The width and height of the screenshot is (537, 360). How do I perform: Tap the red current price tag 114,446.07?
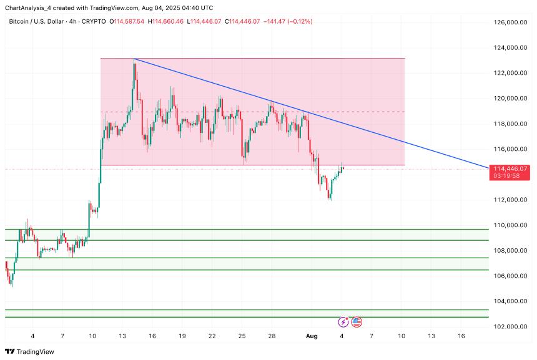pos(510,168)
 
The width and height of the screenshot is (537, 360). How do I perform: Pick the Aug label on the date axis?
pos(312,336)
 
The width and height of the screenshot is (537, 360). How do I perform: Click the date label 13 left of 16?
pos(431,336)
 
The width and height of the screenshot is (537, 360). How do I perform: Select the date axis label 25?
pos(242,336)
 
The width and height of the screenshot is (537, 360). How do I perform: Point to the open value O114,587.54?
pos(127,21)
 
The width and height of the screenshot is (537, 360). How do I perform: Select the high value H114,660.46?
pos(165,21)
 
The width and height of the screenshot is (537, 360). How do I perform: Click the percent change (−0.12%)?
pos(300,21)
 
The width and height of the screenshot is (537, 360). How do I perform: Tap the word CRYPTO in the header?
pos(95,21)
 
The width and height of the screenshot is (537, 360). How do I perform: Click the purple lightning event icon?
pos(343,322)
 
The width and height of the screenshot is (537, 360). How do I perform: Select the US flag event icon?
pos(357,322)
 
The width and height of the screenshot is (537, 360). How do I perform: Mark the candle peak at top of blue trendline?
pos(134,59)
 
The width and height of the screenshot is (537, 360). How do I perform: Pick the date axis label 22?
pos(212,336)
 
